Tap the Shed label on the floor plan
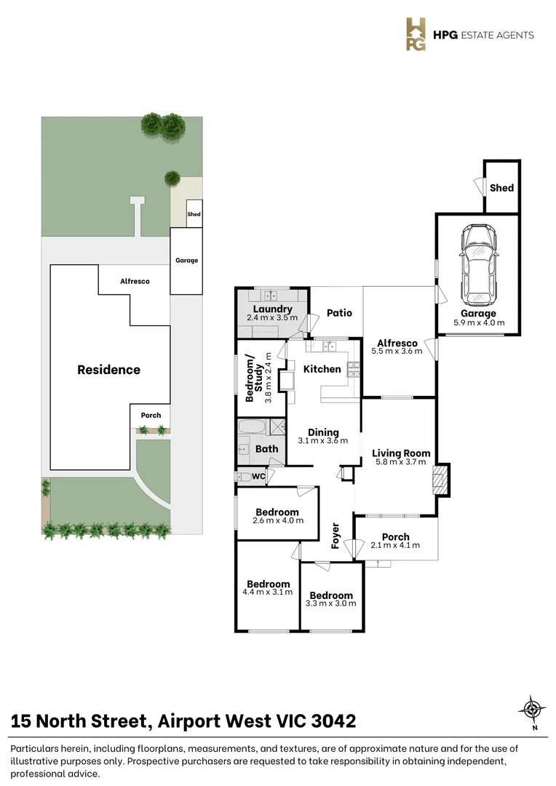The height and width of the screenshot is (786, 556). tap(501, 188)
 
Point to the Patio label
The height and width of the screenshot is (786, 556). tap(339, 313)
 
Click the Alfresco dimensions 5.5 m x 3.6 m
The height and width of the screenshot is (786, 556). tap(397, 351)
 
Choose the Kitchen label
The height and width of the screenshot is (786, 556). tap(322, 369)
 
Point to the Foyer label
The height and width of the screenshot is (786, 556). tap(336, 535)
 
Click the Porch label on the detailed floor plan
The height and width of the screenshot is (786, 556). tap(395, 537)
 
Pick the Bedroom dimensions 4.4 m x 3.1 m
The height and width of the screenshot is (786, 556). tap(269, 592)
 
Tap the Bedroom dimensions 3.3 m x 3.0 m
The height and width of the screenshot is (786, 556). tap(331, 603)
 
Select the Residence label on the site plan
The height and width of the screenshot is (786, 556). tap(108, 370)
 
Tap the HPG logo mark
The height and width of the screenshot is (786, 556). tap(416, 34)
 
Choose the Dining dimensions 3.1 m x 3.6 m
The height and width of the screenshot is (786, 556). tap(323, 440)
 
